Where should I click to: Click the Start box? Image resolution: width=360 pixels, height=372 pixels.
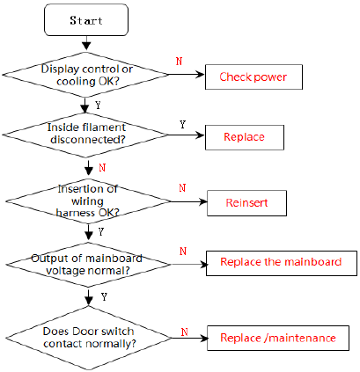86,20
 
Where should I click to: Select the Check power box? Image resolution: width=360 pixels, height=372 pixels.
253,77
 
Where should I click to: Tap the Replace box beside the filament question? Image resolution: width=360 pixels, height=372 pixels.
245,137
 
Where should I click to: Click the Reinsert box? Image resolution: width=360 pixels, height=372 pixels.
246,203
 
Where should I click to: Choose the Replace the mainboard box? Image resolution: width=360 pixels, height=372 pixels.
282,263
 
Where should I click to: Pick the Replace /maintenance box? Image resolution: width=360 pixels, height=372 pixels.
278,338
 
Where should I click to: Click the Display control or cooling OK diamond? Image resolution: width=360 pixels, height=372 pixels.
85,75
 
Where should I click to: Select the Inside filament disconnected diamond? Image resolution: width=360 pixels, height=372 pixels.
85,135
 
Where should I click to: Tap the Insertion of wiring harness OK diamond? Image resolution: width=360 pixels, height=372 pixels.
88,201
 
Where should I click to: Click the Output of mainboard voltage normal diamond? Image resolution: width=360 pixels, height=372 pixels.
88,265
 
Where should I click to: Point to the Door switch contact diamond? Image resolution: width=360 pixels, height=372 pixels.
89,338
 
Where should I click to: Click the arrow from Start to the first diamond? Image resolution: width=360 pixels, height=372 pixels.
86,43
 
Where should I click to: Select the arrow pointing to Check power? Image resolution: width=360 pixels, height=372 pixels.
187,75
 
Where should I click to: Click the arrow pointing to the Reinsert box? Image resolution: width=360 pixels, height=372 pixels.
189,201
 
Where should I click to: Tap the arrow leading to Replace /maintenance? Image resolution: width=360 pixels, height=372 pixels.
190,339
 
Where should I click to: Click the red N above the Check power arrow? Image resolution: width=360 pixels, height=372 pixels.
179,61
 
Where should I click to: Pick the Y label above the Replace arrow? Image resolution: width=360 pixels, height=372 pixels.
183,125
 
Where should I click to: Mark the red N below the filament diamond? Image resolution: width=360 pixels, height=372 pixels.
102,168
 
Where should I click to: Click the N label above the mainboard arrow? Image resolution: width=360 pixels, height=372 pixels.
183,252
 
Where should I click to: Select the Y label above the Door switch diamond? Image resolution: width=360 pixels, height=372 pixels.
104,297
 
